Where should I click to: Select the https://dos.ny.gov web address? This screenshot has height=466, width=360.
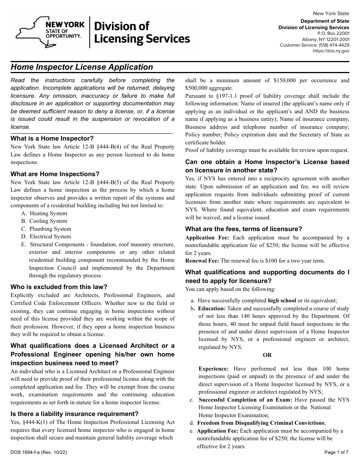[331, 51]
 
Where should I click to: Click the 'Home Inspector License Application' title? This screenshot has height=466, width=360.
[82, 67]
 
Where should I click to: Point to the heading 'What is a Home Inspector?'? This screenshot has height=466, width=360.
[52, 138]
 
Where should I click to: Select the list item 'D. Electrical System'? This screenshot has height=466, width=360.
[46, 236]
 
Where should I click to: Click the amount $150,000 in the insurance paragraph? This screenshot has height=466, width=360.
[287, 80]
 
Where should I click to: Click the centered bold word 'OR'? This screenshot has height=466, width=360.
[267, 355]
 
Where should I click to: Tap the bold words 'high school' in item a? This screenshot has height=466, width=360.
[282, 300]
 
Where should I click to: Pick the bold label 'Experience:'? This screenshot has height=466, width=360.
[213, 369]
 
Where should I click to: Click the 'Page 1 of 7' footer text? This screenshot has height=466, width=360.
[337, 452]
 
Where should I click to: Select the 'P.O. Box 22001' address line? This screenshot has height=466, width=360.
[333, 33]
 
